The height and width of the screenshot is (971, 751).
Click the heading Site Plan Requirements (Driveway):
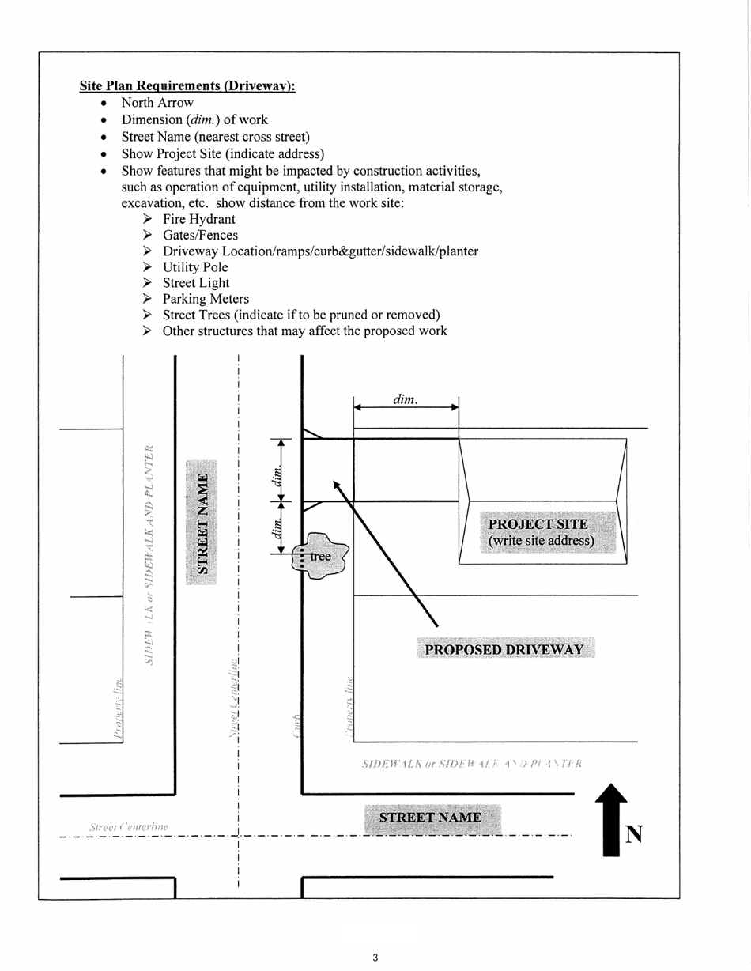click(187, 85)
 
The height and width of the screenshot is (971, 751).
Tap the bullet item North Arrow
click(157, 103)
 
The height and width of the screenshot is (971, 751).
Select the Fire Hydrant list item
click(198, 219)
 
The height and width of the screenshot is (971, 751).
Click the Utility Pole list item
click(195, 267)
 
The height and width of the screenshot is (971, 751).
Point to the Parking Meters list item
click(206, 299)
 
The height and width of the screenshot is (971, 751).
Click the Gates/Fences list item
click(200, 235)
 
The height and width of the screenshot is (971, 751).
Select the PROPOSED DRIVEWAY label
click(504, 650)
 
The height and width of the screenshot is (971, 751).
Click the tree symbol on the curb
click(319, 556)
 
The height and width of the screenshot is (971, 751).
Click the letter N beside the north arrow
click(633, 835)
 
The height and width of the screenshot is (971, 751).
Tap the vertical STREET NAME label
click(203, 523)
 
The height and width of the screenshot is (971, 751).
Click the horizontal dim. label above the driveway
click(405, 400)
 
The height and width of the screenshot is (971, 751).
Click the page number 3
click(375, 958)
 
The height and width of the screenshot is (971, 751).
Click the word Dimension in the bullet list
click(150, 119)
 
